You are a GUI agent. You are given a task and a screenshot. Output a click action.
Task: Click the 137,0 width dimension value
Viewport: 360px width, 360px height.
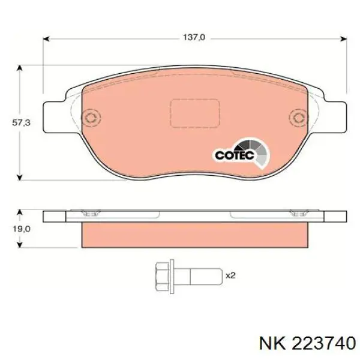pos(194,37)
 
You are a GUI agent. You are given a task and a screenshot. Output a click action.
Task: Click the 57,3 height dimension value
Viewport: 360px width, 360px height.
pos(21,122)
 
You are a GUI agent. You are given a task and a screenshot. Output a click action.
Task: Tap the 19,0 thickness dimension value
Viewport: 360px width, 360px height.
pos(21,229)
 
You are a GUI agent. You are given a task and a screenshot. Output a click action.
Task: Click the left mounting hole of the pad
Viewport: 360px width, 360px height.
pos(91,118)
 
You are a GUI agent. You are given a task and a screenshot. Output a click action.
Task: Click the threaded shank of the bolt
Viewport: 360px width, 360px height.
pos(200,275)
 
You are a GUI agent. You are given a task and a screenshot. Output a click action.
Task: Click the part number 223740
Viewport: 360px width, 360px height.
pos(322,342)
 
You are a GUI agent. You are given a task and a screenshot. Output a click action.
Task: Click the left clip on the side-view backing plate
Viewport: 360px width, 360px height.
pos(91,211)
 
